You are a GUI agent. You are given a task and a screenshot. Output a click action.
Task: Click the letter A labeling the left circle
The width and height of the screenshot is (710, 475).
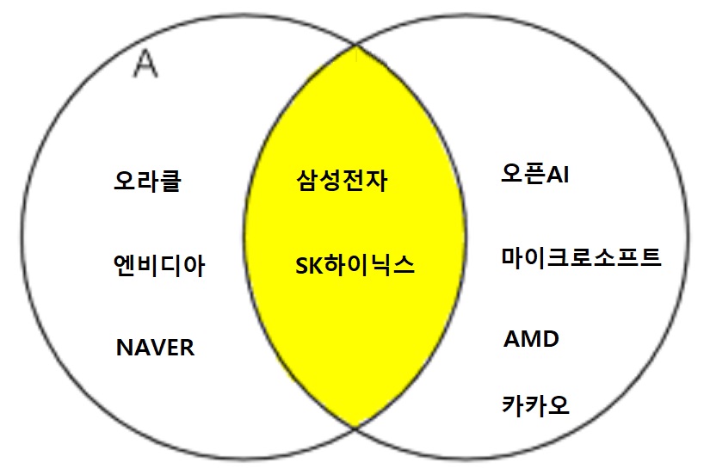146,64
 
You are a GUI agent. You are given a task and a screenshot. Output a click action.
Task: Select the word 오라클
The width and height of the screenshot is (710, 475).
147,182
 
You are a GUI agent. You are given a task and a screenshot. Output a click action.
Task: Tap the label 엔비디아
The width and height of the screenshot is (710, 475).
159,264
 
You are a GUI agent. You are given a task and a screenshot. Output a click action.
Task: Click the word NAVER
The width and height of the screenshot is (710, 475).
155,348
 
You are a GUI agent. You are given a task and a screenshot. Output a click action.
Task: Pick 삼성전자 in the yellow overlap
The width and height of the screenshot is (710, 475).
341,182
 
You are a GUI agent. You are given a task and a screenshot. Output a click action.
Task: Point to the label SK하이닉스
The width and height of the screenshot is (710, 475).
354,264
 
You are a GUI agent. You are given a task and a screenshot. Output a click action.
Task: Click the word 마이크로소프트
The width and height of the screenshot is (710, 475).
582,256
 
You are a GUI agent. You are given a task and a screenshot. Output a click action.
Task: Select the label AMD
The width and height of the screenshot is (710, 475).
531,339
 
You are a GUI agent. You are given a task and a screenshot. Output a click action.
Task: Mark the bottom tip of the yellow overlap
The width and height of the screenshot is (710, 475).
355,425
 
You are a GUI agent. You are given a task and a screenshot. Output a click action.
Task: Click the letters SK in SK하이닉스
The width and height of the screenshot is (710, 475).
307,265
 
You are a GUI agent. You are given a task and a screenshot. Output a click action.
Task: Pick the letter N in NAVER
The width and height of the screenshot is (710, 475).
123,348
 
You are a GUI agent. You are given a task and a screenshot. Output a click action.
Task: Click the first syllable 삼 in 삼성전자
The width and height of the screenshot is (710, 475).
306,182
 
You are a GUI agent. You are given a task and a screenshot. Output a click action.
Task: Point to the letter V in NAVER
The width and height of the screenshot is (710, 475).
155,348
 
